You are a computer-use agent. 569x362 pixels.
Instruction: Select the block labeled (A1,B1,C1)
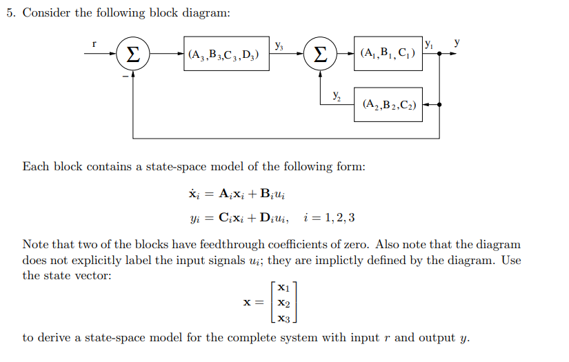tap(388, 54)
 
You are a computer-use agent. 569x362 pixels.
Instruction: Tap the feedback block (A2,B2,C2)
tap(388, 105)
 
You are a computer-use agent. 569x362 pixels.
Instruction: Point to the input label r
tap(94, 44)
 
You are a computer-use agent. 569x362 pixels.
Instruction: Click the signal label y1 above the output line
tap(429, 44)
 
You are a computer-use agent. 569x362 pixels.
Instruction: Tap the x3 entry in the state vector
tap(283, 318)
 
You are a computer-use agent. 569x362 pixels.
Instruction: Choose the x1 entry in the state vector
tap(283, 288)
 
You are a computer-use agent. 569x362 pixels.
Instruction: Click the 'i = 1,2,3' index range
tap(330, 218)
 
